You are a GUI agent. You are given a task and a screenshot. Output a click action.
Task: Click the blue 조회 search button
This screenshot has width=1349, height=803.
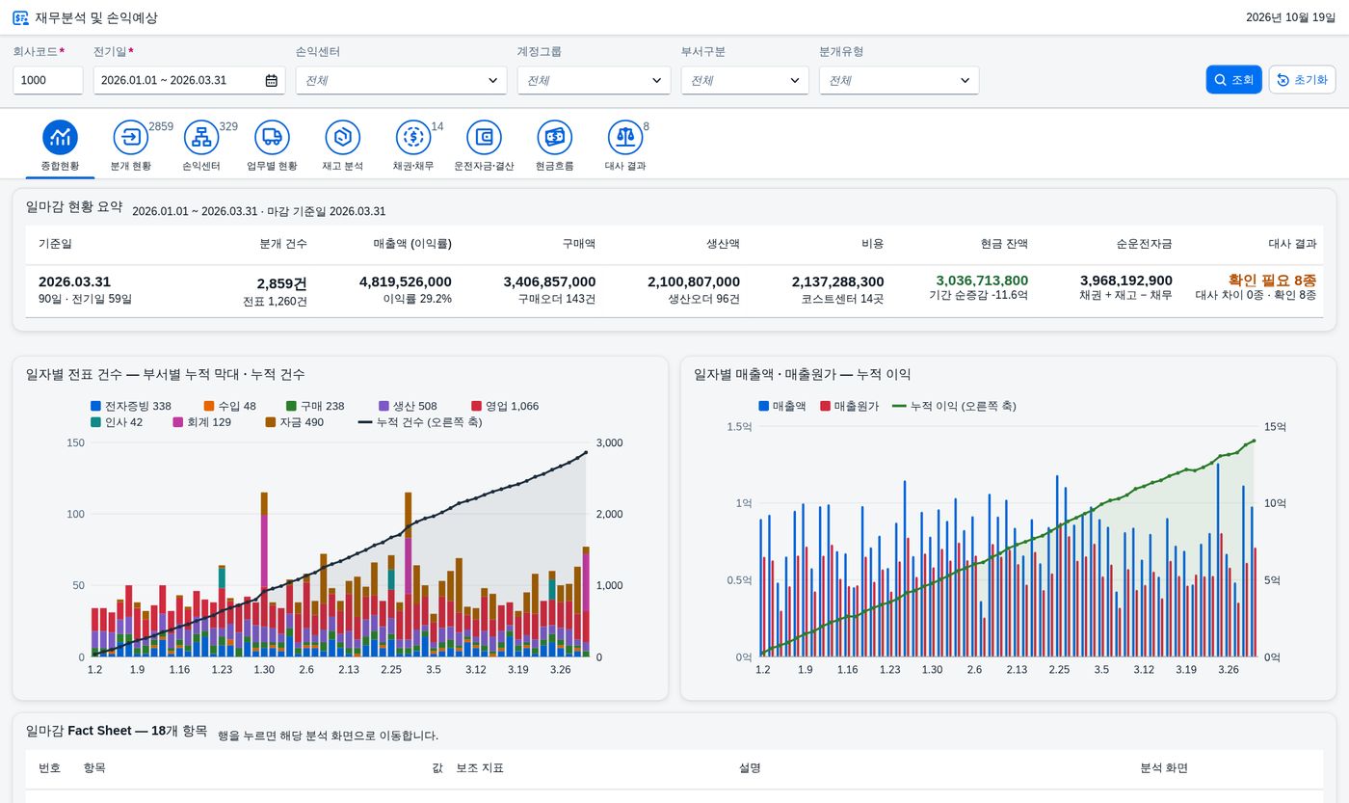1233,79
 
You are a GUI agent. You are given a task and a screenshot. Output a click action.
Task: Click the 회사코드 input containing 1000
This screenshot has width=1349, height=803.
47,80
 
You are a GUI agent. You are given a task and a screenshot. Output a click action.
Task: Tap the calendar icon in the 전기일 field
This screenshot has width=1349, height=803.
272,80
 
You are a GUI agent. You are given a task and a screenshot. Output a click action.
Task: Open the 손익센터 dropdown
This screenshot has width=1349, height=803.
401,80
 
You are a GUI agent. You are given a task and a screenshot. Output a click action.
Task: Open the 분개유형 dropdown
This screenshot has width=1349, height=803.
899,80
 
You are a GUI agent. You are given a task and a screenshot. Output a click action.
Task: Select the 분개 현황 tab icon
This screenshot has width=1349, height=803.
131,137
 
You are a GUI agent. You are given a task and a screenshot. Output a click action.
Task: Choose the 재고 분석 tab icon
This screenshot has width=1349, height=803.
343,137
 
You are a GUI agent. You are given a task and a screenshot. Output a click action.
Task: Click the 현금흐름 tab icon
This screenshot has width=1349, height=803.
555,137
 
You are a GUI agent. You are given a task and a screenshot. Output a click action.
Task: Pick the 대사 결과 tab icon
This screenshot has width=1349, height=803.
625,137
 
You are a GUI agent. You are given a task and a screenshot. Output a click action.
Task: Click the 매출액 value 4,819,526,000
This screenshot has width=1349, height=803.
406,281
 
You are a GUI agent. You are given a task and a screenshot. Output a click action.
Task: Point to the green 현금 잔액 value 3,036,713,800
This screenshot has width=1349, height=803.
982,281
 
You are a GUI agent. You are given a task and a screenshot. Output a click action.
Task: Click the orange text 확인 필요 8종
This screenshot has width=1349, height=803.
1272,280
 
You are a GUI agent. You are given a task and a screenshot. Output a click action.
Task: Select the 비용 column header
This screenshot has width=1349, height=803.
873,243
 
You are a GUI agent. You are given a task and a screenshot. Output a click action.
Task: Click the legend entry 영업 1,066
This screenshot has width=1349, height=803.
505,406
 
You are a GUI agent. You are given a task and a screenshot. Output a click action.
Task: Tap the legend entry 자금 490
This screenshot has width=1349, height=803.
295,422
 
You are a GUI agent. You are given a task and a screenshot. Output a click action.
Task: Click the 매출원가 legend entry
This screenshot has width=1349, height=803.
849,406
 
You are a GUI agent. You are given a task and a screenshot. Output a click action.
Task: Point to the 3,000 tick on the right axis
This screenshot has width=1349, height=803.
609,442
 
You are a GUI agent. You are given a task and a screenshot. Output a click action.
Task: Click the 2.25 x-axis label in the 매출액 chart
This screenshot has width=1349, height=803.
1059,669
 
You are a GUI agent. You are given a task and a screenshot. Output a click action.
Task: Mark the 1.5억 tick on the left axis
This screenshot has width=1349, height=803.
739,426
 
